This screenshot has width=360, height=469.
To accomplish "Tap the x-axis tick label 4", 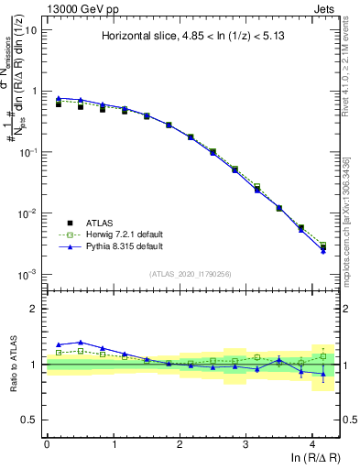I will point(312,443).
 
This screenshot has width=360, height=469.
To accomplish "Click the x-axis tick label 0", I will point(47,443).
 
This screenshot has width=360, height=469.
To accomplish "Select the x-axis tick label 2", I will point(180,443).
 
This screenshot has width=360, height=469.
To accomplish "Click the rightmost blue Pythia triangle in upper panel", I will point(323,250).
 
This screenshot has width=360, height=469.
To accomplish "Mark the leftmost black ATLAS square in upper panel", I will point(59,104).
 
